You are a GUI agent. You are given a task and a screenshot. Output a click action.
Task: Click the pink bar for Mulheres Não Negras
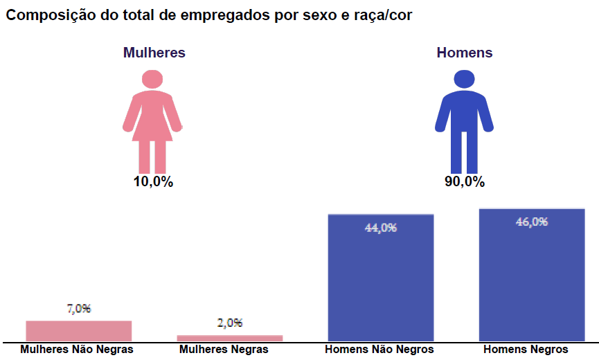coord(78,330)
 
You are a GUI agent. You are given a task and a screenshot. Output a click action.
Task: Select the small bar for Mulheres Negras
coord(229,338)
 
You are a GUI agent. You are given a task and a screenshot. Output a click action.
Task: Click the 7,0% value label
coord(78,309)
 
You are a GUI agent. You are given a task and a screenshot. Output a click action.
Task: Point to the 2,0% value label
coord(229,323)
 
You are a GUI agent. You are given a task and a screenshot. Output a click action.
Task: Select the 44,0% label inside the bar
coord(380,227)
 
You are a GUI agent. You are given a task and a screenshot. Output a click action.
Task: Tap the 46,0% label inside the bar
coord(532,222)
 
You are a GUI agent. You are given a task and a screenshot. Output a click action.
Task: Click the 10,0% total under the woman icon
coord(153,182)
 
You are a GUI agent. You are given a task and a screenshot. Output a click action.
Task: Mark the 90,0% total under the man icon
coord(465,182)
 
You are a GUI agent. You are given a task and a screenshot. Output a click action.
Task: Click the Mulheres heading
coord(154,53)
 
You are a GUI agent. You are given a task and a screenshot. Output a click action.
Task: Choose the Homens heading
coord(465,53)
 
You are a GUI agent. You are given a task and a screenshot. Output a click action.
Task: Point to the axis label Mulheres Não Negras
coord(77,350)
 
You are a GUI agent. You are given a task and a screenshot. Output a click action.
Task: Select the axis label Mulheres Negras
coord(224,350)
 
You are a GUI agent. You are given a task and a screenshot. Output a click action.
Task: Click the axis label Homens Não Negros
coord(379,350)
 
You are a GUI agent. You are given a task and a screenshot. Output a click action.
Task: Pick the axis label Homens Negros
coord(526,350)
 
